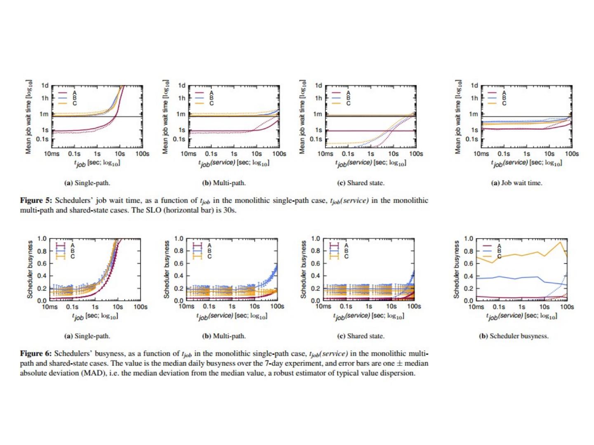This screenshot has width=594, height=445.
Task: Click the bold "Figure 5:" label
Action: (36, 201)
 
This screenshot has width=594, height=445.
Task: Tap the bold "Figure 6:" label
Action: (36, 354)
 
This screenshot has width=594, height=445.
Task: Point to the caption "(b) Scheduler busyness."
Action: (514, 336)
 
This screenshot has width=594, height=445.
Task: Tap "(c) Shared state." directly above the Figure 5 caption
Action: (361, 183)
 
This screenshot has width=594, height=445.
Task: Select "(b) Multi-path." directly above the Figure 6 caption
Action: (224, 336)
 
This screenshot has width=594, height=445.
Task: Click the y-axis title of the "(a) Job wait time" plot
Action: (457, 117)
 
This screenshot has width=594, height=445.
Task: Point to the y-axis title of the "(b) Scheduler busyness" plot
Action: (456, 269)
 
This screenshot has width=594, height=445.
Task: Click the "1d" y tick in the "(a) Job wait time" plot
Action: (474, 86)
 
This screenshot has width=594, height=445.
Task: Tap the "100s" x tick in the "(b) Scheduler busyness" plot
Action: (567, 307)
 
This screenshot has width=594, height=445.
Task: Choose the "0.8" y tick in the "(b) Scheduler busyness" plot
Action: (469, 251)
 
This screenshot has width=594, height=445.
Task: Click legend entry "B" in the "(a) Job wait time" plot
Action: (504, 98)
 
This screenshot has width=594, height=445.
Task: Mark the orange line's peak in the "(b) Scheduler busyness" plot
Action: (560, 242)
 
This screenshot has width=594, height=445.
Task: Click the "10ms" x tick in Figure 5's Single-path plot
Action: (52, 154)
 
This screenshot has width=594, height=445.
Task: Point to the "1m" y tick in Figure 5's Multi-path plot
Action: (181, 114)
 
